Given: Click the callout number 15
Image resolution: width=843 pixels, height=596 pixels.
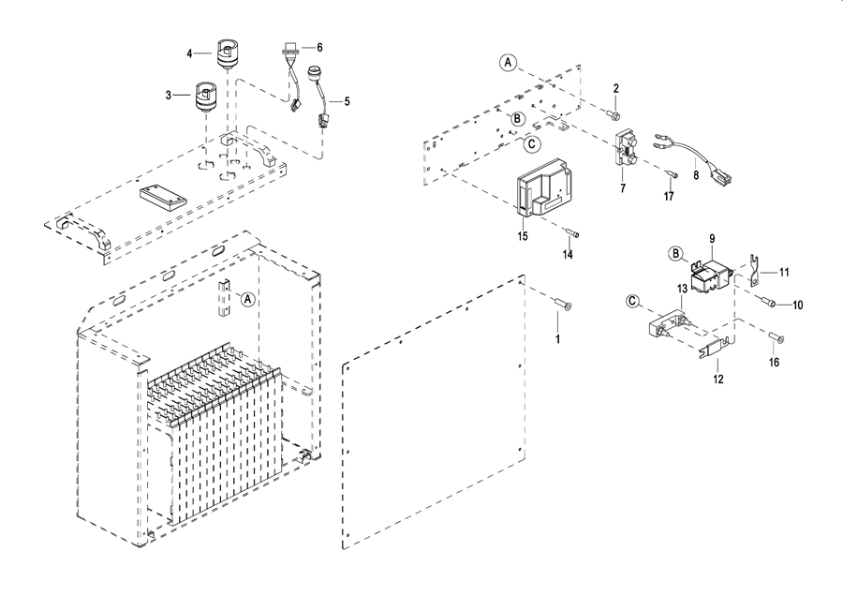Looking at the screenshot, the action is coord(523,236).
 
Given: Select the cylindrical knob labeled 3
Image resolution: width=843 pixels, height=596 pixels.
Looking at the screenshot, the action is coord(205,97).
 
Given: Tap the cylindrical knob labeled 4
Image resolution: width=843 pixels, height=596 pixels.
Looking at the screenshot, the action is coord(228,53).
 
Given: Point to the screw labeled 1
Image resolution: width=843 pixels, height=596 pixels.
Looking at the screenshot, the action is coord(562,305).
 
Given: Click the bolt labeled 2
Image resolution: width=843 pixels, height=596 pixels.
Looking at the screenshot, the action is coord(613,114).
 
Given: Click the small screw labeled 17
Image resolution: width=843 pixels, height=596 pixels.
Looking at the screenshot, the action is coord(672,173).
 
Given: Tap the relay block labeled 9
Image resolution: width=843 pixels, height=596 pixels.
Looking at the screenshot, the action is coord(711,276).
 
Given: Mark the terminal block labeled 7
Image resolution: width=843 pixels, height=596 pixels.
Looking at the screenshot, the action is coord(625,149).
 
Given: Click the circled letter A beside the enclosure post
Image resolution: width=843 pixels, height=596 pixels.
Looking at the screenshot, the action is coord(247,299).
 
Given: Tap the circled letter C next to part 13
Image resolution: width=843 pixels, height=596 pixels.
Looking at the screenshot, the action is coord(633,301).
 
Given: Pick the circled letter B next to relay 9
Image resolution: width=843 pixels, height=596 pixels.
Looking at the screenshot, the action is coord(675,253).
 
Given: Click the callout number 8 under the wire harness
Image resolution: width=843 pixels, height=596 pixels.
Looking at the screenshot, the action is coord(696,175).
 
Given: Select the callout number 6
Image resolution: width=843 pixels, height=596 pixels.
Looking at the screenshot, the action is coord(319,48).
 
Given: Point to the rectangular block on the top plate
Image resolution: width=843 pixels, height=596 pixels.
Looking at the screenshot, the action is coord(163,199).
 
